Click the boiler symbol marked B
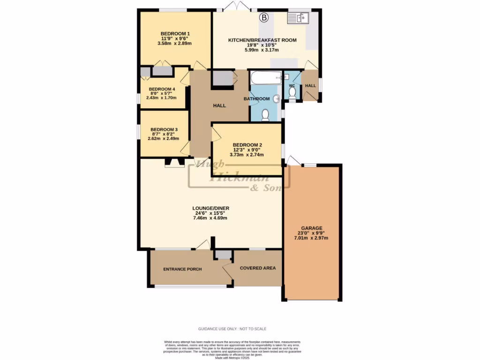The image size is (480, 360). coord(264,18)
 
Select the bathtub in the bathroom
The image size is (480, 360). coord(265,77)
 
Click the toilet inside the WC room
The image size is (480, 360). coord(292,93)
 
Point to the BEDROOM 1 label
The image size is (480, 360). coord(175,33)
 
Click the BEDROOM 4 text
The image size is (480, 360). coord(162,89)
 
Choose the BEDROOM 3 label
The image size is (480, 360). coord(164,129)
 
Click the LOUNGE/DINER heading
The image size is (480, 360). coord(210,208)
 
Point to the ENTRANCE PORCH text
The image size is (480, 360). coord(182,269)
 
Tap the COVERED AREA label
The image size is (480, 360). coord(258,268)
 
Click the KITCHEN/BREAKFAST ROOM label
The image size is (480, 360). coord(262,40)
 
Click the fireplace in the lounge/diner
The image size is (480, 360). coord(174,163)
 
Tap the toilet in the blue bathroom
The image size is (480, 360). coord(265,115)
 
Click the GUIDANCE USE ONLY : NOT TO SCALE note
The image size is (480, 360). coord(232,329)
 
